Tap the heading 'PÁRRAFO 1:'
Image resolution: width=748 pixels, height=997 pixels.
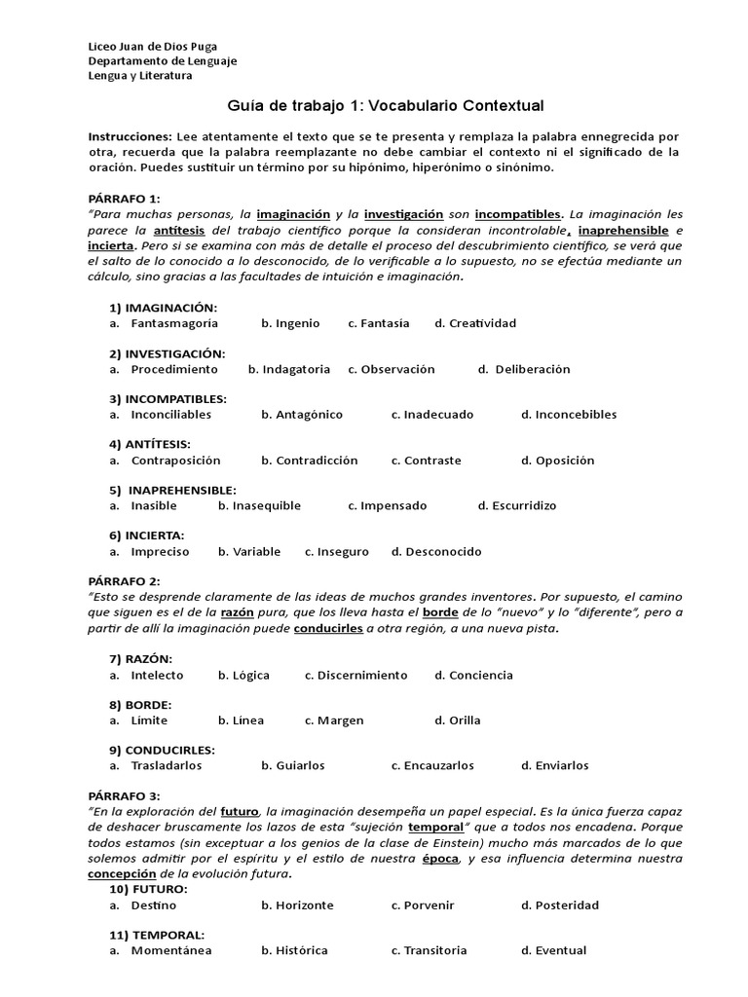(x=124, y=198)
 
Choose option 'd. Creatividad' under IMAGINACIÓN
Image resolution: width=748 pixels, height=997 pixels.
(x=475, y=323)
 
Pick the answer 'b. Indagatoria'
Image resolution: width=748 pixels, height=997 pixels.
(x=289, y=369)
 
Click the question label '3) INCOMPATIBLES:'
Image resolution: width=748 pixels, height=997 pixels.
(x=168, y=399)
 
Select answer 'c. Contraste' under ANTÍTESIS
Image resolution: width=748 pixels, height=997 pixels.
(x=426, y=461)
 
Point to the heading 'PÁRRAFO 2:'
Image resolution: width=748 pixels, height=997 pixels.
(x=124, y=581)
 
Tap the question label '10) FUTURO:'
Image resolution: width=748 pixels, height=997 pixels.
(x=148, y=889)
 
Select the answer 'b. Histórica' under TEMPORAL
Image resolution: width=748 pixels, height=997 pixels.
(x=294, y=950)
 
